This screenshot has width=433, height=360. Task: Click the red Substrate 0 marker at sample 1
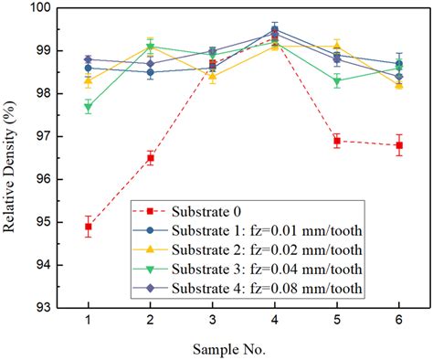click(89, 226)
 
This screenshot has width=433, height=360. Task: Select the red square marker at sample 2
click(151, 158)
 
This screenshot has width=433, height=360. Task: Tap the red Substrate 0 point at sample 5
click(337, 141)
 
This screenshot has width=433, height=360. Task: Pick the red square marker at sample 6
click(399, 145)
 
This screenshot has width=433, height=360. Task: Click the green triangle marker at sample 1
click(89, 107)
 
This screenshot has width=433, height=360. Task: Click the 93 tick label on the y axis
click(45, 307)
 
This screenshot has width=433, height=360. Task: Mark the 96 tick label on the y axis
click(45, 179)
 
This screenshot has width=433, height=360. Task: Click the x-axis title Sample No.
click(243, 349)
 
